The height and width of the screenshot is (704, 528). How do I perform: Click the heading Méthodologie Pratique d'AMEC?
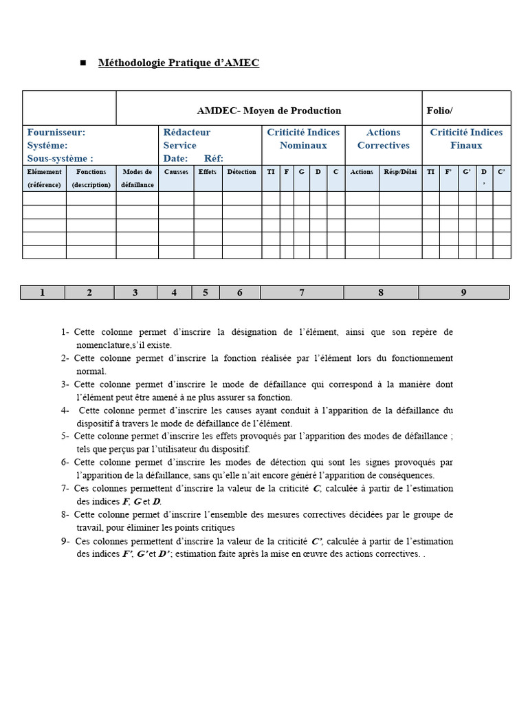(x=179, y=63)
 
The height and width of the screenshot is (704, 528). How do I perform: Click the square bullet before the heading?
(x=83, y=63)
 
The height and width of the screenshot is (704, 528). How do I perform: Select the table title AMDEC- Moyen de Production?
(x=269, y=111)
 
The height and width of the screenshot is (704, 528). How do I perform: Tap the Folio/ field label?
(x=439, y=111)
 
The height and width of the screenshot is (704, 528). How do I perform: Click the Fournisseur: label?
(x=56, y=132)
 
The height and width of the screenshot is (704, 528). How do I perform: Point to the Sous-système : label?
(x=60, y=158)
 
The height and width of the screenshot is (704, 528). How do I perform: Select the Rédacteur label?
(x=187, y=132)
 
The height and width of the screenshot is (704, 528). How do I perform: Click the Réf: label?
(x=214, y=158)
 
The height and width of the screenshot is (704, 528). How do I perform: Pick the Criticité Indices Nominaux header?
(x=303, y=139)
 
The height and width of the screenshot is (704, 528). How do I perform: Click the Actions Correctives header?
(x=383, y=139)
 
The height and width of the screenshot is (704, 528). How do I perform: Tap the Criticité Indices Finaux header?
(x=466, y=139)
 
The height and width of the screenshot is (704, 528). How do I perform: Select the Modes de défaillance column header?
(x=137, y=178)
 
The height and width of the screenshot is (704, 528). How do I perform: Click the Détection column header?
(x=241, y=172)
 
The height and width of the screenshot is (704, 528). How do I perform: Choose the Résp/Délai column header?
(x=400, y=172)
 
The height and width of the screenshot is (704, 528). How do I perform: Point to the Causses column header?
(x=176, y=172)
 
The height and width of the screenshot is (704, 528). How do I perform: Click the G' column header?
(x=467, y=172)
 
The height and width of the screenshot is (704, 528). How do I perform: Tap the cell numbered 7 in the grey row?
(x=302, y=293)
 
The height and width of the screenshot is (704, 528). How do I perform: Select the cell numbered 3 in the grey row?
(x=135, y=293)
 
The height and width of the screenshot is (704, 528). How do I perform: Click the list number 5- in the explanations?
(x=65, y=436)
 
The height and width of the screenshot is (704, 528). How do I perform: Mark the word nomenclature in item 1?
(x=103, y=345)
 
